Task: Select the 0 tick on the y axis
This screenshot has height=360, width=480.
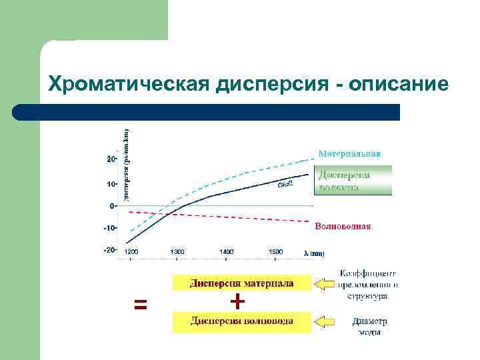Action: click(111, 205)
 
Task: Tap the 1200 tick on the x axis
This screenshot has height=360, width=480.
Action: click(131, 252)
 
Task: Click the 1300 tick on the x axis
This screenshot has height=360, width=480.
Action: click(177, 252)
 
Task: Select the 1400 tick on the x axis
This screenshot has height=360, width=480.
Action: click(227, 252)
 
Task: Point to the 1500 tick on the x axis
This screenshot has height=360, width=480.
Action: click(275, 252)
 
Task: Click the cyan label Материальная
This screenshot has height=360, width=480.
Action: click(349, 153)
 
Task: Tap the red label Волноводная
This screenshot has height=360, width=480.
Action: click(343, 226)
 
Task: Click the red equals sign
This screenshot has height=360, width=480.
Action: click(140, 305)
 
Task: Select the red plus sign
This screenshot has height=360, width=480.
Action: click(237, 302)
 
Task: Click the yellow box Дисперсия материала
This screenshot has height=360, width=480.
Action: click(241, 283)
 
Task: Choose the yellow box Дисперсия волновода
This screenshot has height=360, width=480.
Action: click(241, 322)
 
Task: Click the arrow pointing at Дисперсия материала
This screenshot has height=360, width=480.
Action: click(325, 285)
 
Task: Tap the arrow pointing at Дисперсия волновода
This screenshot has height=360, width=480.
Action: click(325, 323)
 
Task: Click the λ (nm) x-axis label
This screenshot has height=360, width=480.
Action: click(314, 253)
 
